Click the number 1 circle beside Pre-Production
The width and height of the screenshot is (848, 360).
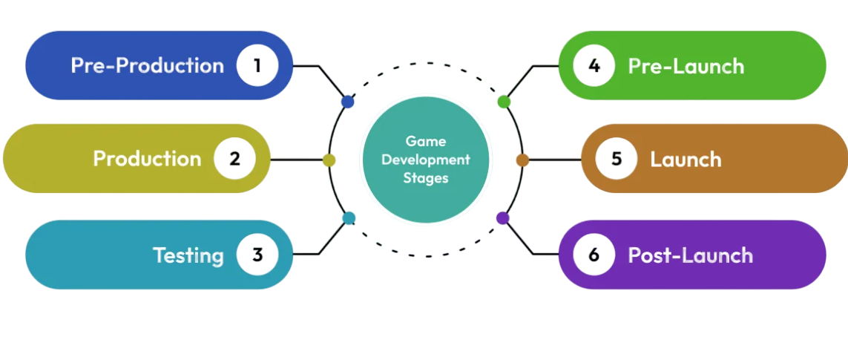[257, 65]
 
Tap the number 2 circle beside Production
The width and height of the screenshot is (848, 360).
[234, 159]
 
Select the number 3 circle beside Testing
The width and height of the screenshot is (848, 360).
[257, 255]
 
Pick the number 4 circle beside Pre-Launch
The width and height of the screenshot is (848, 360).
[594, 65]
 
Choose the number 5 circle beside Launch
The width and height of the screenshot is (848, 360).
[616, 159]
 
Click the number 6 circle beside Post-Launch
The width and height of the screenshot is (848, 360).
[594, 255]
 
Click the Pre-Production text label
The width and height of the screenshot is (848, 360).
[147, 65]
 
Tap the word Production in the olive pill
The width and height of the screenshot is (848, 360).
[147, 159]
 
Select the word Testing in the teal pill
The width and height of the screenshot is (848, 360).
[188, 255]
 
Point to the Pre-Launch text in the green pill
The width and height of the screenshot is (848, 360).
[686, 66]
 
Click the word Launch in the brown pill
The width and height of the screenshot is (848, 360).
[686, 159]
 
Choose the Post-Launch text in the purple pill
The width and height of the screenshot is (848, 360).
[690, 255]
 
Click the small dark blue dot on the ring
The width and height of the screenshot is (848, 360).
[347, 102]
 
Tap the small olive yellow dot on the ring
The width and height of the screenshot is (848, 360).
[329, 160]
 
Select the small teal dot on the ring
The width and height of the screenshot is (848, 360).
[349, 218]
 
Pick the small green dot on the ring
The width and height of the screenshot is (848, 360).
[504, 102]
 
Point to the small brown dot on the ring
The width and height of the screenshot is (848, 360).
[522, 160]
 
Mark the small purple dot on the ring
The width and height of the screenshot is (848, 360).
[503, 218]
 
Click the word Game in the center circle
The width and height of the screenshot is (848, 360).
[426, 141]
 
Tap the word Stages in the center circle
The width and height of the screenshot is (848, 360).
[426, 178]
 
